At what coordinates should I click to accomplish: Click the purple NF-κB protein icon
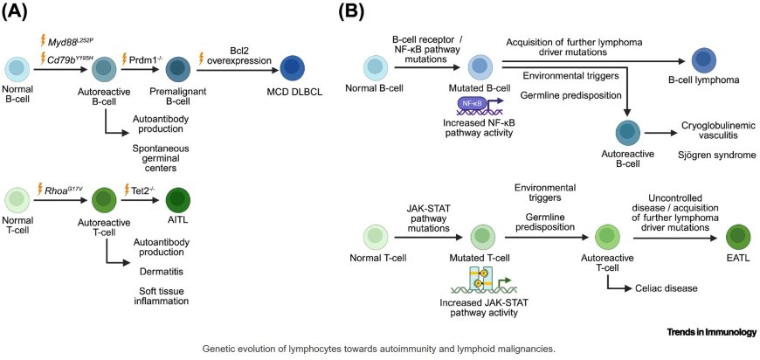pos(473,104)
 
